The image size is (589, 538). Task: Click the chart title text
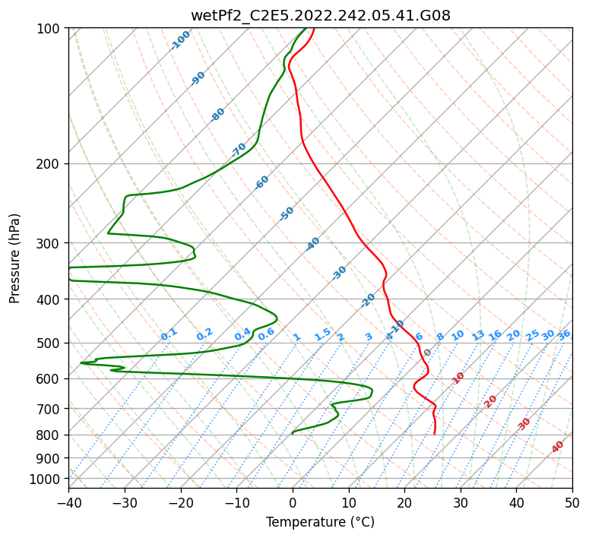320,15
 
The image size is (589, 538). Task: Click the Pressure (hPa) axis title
14,258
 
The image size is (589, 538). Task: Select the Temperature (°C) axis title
320,522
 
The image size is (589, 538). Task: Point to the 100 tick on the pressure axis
52,29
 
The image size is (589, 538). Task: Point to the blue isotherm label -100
180,40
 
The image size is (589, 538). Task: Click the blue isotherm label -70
239,149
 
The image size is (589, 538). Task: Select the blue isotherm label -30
339,273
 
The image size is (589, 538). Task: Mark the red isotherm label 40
558,447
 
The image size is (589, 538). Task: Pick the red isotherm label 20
490,400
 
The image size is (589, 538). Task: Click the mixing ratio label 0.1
169,334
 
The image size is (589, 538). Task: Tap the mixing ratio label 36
564,334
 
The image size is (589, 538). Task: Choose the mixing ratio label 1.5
322,334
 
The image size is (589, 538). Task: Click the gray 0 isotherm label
428,353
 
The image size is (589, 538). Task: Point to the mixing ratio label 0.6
266,334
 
